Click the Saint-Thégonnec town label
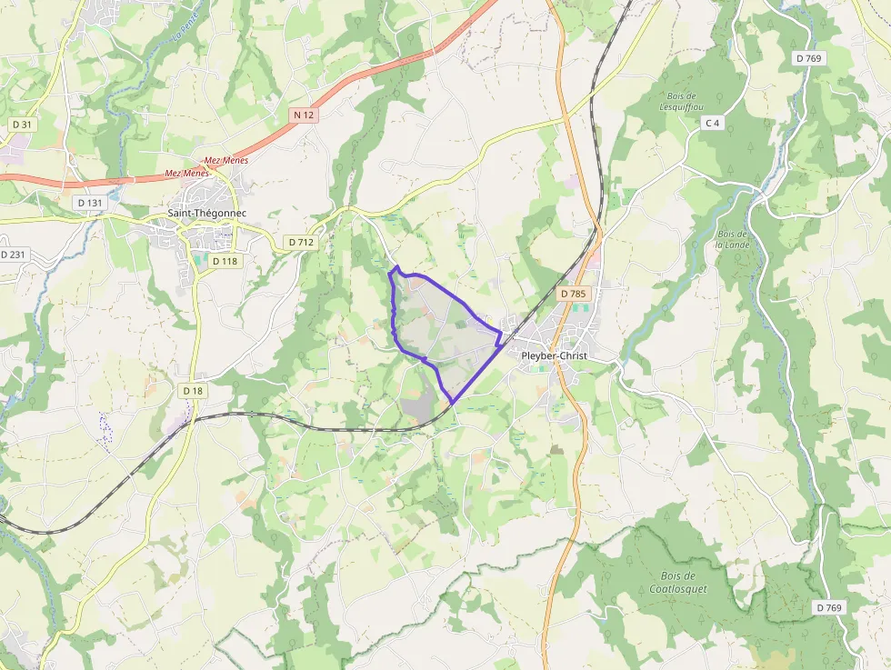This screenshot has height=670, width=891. pyautogui.click(x=206, y=214)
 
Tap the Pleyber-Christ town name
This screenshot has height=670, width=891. pyautogui.click(x=555, y=355)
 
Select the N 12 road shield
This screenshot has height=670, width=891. pyautogui.click(x=304, y=115)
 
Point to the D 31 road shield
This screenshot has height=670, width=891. pyautogui.click(x=22, y=124)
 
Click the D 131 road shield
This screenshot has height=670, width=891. pyautogui.click(x=91, y=203)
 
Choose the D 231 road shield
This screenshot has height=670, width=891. pyautogui.click(x=13, y=255)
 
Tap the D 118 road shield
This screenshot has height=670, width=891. pyautogui.click(x=225, y=261)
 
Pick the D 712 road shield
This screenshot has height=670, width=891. pyautogui.click(x=300, y=242)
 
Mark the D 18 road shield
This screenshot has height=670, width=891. pyautogui.click(x=193, y=391)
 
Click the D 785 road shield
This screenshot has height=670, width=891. pyautogui.click(x=574, y=294)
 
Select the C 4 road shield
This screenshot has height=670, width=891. pyautogui.click(x=712, y=123)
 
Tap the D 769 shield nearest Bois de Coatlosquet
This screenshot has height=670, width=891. pyautogui.click(x=829, y=607)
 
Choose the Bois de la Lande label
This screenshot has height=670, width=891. pyautogui.click(x=731, y=238)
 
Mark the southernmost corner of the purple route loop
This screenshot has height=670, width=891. pyautogui.click(x=452, y=403)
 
